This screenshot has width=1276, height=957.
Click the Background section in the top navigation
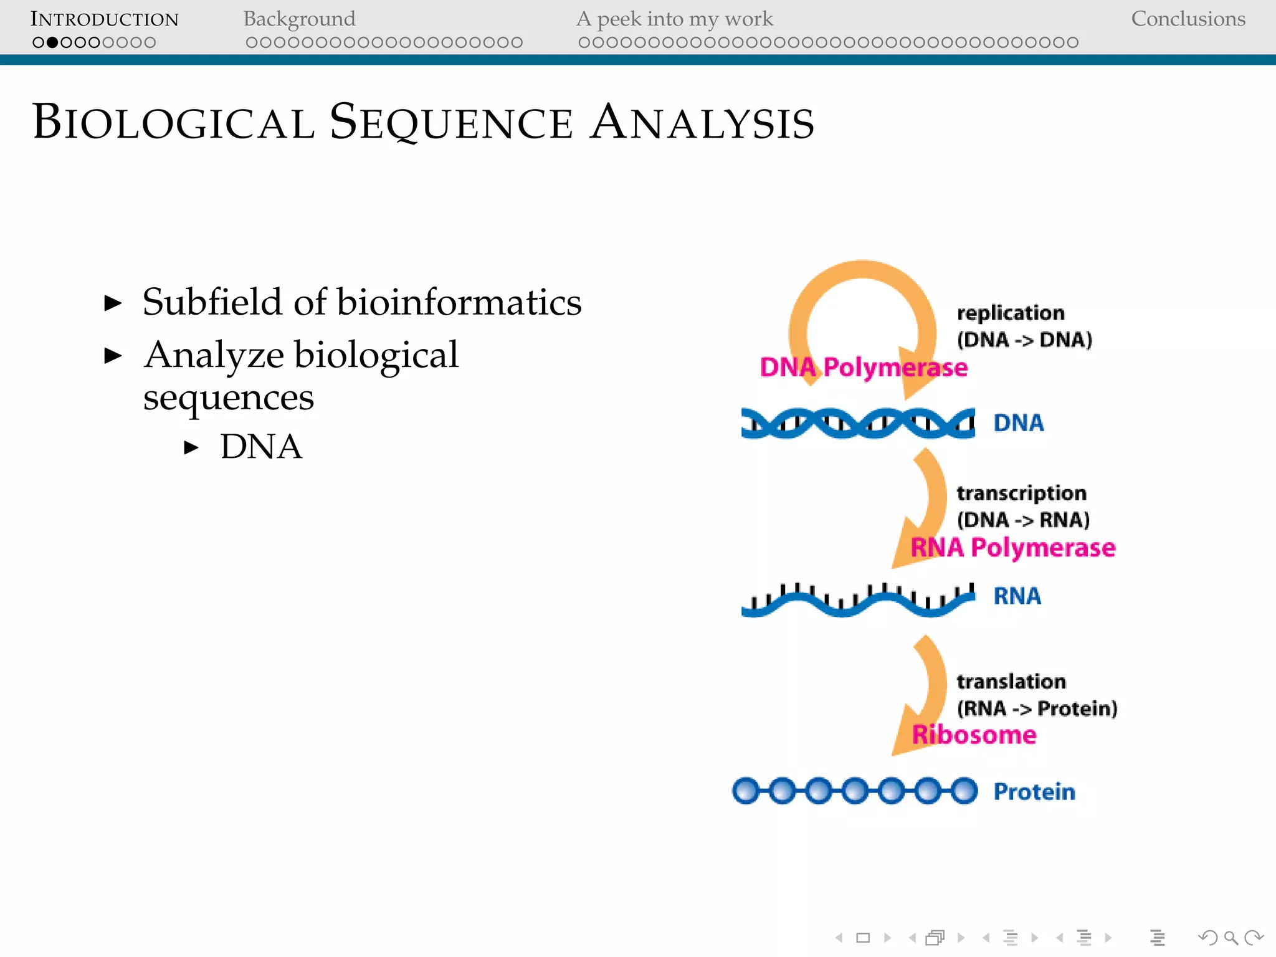coord(299,19)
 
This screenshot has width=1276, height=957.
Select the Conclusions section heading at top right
coord(1188,19)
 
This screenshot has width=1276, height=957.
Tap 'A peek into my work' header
coord(674,19)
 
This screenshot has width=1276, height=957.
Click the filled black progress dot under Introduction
coord(52,42)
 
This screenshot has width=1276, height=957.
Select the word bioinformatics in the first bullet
coord(459,302)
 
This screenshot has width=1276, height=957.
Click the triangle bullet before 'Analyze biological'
coord(113,356)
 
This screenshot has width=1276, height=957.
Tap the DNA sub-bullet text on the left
coord(261,447)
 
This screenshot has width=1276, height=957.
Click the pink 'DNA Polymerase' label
coord(864,368)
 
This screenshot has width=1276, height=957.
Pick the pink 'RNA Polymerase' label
coord(1012,548)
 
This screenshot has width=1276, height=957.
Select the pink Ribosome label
coord(974,735)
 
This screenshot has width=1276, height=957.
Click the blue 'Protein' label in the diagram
coord(1034,792)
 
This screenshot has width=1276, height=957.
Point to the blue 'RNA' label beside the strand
coord(1017,596)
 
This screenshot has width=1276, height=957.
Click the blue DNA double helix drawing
coord(857,423)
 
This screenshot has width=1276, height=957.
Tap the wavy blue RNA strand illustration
coord(857,601)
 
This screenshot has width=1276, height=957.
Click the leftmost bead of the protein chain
coord(746,791)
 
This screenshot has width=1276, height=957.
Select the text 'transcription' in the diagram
coord(1021,493)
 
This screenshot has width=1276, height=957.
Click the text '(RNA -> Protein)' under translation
coord(1037,708)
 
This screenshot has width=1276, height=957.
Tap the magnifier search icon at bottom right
coord(1231,938)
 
